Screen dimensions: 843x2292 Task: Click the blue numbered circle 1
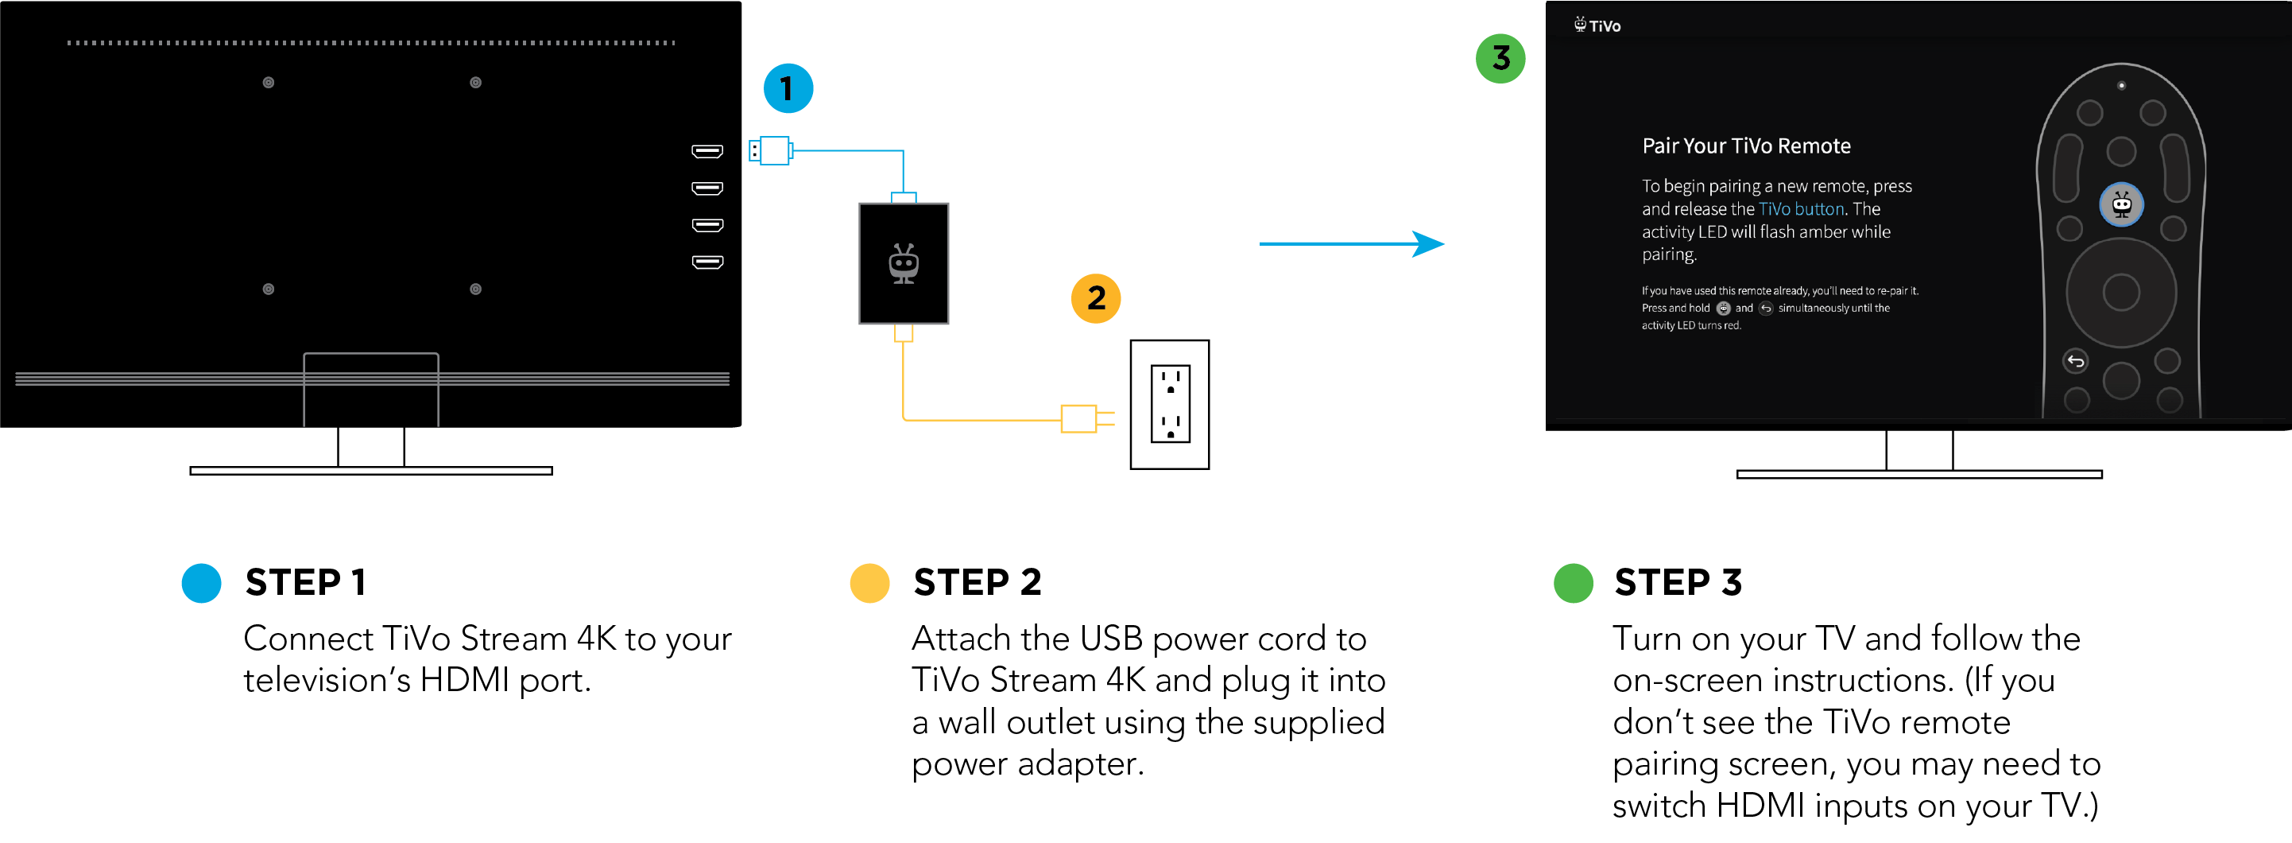pyautogui.click(x=788, y=88)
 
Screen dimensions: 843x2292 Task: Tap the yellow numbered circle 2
pyautogui.click(x=1095, y=298)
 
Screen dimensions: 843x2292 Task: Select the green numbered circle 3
pyautogui.click(x=1500, y=59)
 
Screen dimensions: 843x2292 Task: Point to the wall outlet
pyautogui.click(x=1169, y=404)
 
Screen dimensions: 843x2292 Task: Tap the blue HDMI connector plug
pyautogui.click(x=772, y=150)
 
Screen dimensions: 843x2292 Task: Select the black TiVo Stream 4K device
pyautogui.click(x=903, y=263)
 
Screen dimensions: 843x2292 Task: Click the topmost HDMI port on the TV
pyautogui.click(x=707, y=151)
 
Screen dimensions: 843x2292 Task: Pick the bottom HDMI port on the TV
pyautogui.click(x=707, y=262)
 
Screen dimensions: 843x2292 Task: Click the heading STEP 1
pyautogui.click(x=305, y=582)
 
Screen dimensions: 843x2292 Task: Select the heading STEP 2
pyautogui.click(x=977, y=582)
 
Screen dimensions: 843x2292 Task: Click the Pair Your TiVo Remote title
pyautogui.click(x=1746, y=146)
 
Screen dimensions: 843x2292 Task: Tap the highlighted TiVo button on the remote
pyautogui.click(x=2121, y=204)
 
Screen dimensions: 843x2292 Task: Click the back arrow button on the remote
pyautogui.click(x=2075, y=360)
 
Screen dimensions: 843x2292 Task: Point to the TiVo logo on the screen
pyautogui.click(x=1598, y=25)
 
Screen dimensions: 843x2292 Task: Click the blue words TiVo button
pyautogui.click(x=1801, y=209)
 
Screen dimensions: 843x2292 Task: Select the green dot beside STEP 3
pyautogui.click(x=1573, y=583)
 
